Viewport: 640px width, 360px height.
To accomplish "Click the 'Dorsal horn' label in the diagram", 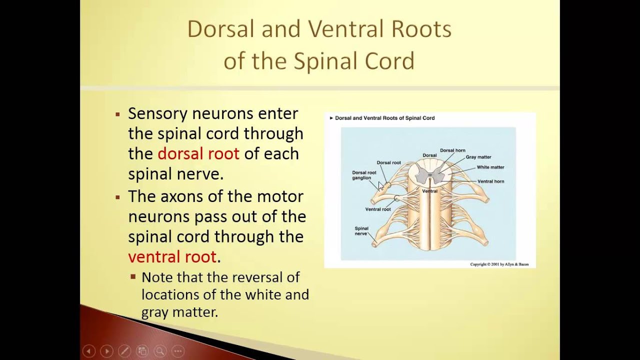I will (x=452, y=150).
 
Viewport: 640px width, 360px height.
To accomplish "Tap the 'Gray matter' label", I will (x=478, y=157).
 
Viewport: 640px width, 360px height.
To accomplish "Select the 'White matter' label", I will (x=490, y=167).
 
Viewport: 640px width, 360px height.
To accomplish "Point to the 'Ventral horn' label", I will (x=490, y=181).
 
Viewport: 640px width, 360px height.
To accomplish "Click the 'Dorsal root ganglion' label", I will (x=364, y=175).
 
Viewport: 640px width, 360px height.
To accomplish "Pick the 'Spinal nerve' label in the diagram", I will (x=361, y=231).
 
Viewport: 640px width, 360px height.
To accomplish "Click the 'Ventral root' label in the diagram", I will (x=377, y=209).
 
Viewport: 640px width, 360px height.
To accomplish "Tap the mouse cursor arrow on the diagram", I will (x=381, y=186).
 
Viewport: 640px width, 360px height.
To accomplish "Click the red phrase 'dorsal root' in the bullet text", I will (x=198, y=153).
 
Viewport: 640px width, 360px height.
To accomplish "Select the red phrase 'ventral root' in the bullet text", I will (x=172, y=256).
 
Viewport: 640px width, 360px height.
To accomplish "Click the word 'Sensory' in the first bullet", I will (x=157, y=113).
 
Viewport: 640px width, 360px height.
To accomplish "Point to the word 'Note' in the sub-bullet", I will (x=156, y=277).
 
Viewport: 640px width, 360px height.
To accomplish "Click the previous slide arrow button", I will (x=88, y=351).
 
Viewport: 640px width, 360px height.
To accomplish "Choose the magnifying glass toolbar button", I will (x=160, y=351).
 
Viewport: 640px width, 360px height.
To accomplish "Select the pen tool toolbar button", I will (x=124, y=351).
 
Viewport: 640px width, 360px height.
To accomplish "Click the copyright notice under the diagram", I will (x=499, y=264).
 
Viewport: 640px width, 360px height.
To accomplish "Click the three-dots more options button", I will (x=178, y=351).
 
